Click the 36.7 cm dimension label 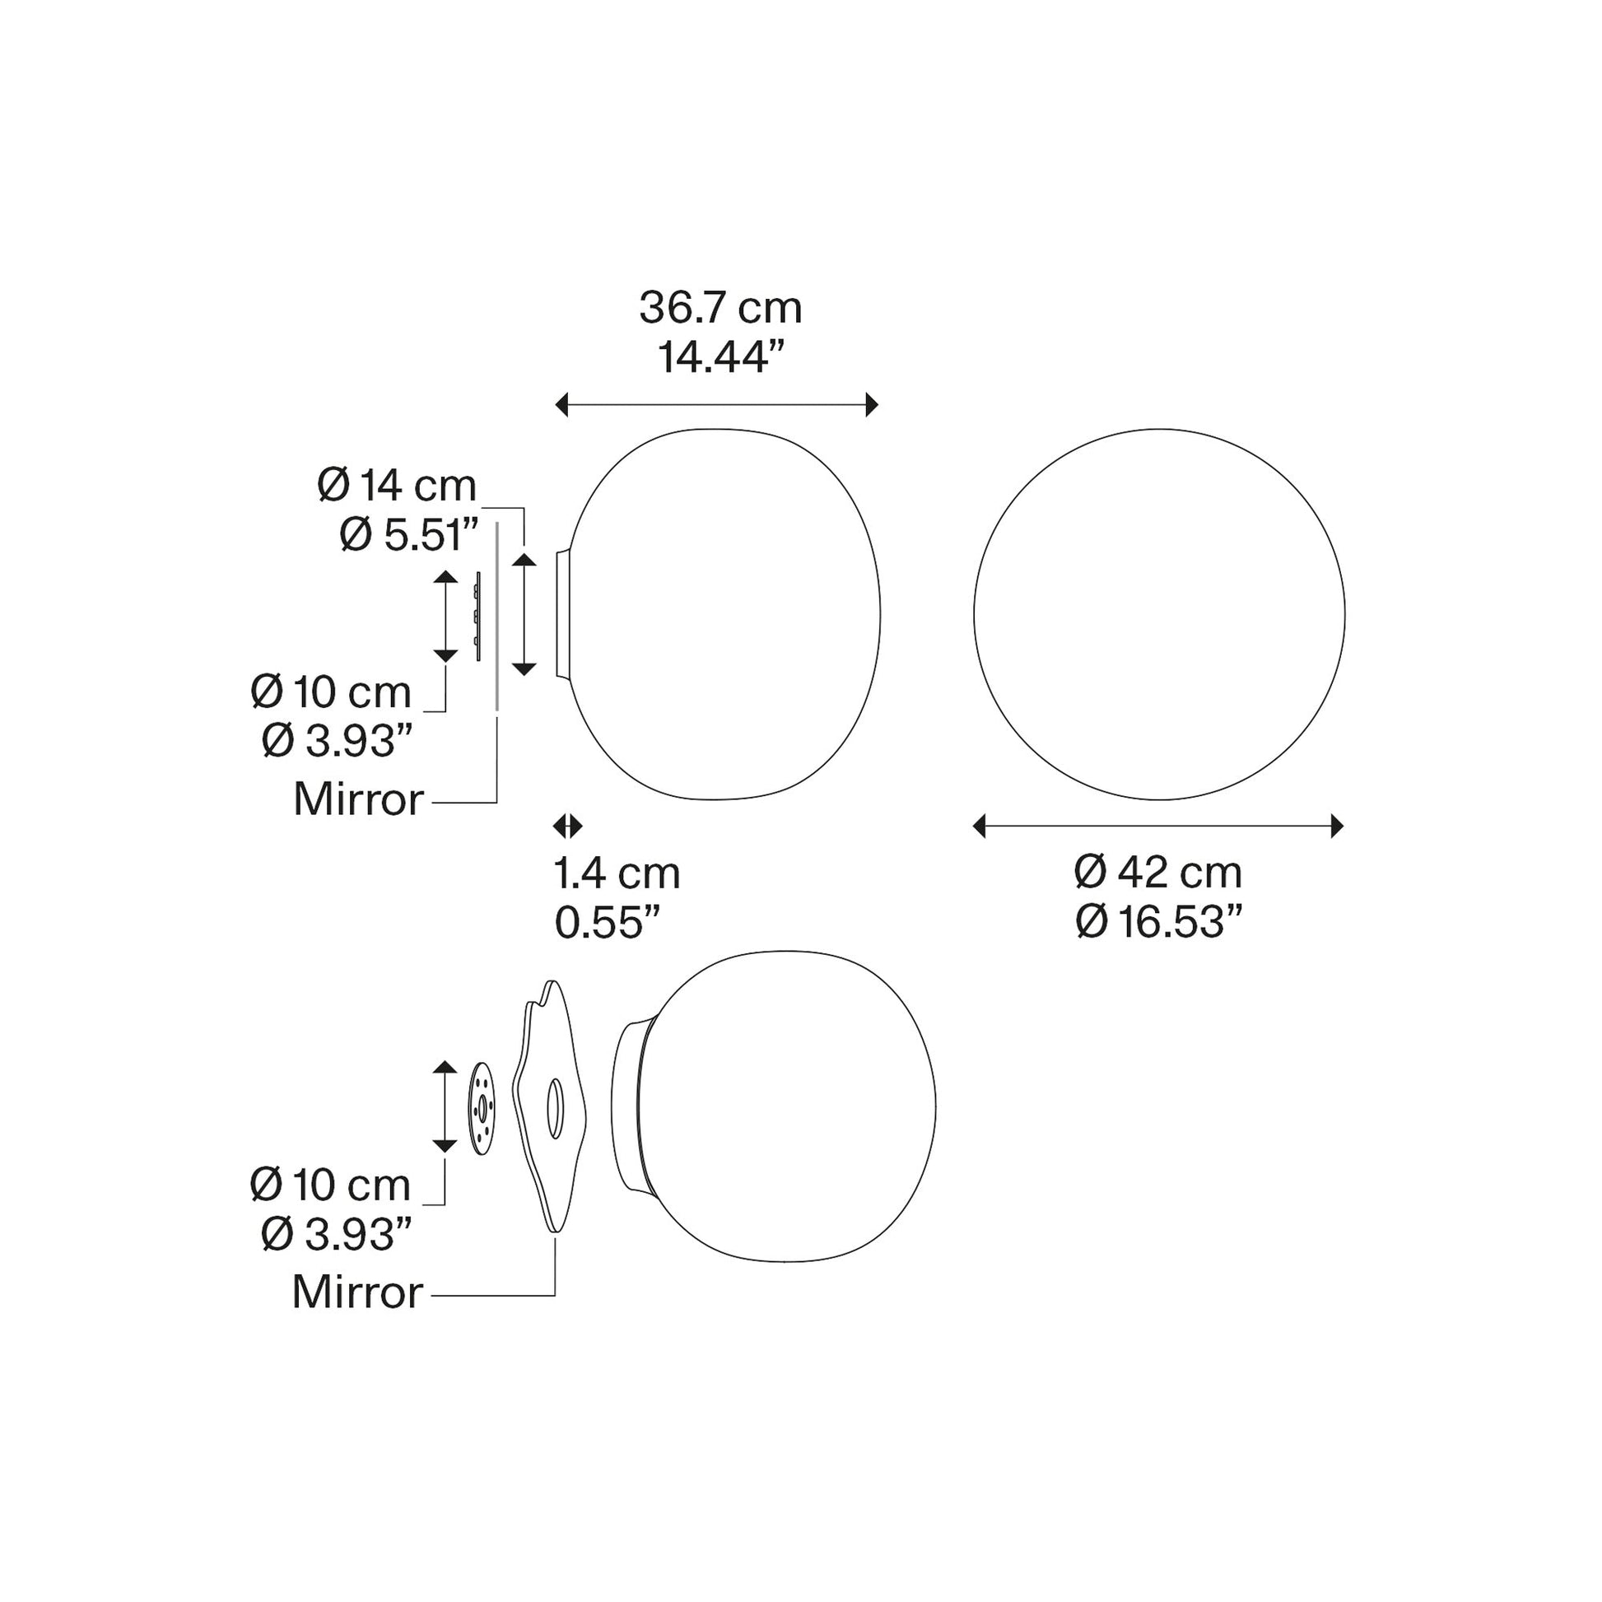click(x=720, y=308)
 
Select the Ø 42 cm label click(x=1157, y=873)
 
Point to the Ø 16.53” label click(x=1159, y=921)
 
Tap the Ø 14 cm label click(x=396, y=485)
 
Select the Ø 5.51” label click(x=409, y=535)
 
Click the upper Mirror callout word click(x=358, y=799)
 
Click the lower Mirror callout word click(x=357, y=1292)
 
